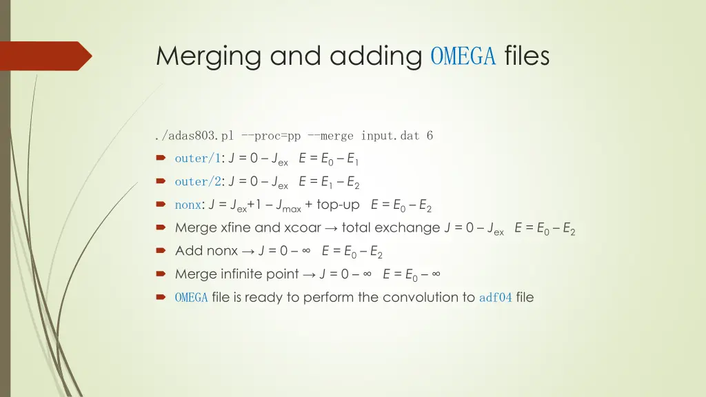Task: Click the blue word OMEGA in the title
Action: point(463,56)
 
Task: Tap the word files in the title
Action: point(527,56)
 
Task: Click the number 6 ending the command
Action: point(430,136)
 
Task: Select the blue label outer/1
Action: point(197,159)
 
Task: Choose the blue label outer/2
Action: point(197,182)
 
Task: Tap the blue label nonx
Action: point(188,205)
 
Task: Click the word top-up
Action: point(338,205)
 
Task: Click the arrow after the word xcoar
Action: point(332,228)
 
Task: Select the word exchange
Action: point(411,228)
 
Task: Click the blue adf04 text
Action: point(495,298)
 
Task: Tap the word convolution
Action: point(421,298)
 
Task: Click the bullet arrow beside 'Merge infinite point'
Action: point(161,274)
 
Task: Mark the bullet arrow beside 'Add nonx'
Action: point(161,251)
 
